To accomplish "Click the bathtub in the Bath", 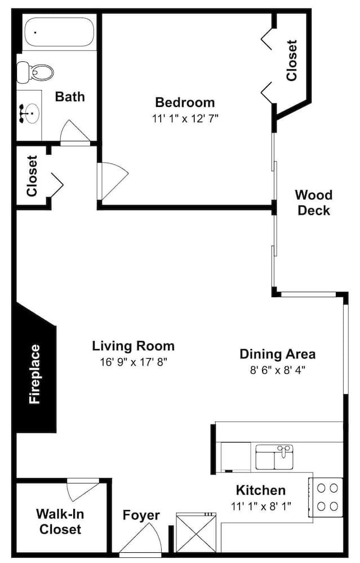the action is (x=59, y=32).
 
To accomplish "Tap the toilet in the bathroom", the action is (x=35, y=72).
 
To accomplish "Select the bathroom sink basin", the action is (x=32, y=113).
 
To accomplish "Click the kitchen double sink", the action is (x=274, y=457).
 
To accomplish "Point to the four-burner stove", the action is (x=327, y=497).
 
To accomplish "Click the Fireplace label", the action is (x=34, y=374).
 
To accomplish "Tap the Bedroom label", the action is (x=185, y=102).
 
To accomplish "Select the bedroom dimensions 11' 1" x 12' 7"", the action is (x=185, y=118).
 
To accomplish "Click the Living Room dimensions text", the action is (x=134, y=362).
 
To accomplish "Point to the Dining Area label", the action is (x=277, y=354).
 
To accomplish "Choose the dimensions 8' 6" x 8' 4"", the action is (x=277, y=370).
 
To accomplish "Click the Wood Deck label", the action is (x=314, y=203).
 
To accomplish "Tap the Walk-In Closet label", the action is (x=60, y=521).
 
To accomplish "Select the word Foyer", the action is (x=141, y=516).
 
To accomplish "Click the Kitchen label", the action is (x=261, y=490).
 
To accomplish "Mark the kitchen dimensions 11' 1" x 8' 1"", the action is (x=261, y=506).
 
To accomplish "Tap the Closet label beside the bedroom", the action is (x=291, y=60).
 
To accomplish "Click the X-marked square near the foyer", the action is (x=196, y=533).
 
